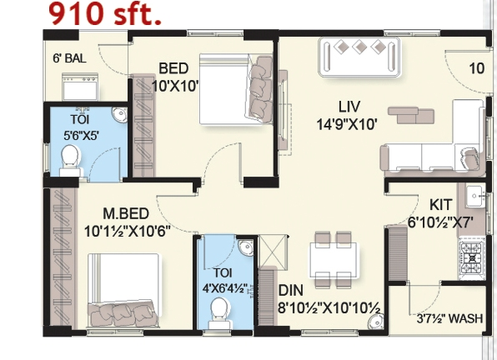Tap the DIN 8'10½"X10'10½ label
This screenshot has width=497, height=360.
tap(329, 305)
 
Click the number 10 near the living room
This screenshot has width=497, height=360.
tap(476, 68)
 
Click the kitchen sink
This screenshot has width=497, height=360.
tap(475, 197)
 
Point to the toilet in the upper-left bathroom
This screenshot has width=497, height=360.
tap(70, 157)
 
